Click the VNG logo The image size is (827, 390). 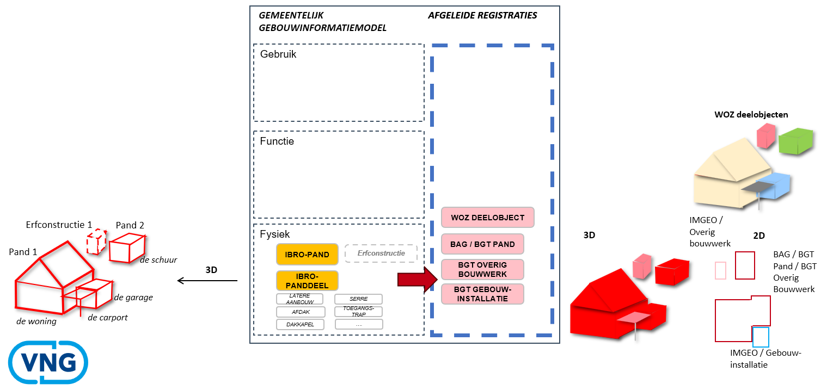(x=48, y=362)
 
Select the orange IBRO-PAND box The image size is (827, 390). (x=307, y=254)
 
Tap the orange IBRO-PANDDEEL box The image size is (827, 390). (x=307, y=281)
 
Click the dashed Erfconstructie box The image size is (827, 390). (x=381, y=253)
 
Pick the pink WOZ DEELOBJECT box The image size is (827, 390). (x=487, y=218)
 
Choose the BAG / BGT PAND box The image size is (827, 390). (x=482, y=244)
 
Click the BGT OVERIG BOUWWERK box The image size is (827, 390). (x=482, y=269)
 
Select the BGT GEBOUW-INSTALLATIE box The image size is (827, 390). (x=482, y=294)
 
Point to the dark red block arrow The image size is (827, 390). (x=417, y=280)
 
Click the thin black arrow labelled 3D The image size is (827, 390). (x=207, y=281)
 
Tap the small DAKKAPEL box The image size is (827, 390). (x=300, y=324)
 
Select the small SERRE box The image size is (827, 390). (x=358, y=299)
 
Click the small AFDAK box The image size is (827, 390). (x=301, y=312)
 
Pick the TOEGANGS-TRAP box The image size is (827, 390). (x=358, y=312)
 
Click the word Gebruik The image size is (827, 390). (x=278, y=54)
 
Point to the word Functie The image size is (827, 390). (x=277, y=141)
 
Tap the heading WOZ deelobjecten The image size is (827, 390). (x=751, y=115)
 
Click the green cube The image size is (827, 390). (x=795, y=140)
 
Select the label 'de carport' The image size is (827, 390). (x=107, y=317)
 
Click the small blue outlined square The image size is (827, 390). (x=761, y=337)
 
